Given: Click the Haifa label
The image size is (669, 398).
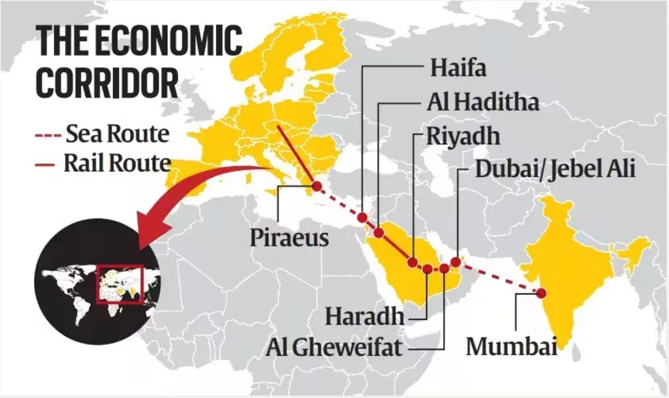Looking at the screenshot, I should point(458,69).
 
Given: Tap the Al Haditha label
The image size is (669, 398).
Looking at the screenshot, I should point(483,103).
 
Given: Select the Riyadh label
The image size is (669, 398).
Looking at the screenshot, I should point(463,136).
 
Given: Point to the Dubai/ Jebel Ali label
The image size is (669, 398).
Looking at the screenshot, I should point(555,169).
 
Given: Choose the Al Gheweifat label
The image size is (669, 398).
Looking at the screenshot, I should point(334,347).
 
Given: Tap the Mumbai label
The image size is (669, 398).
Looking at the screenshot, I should point(512,346).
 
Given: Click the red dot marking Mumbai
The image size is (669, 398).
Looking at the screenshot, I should point(541,293).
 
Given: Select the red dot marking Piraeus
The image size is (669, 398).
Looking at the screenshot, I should point(317,187).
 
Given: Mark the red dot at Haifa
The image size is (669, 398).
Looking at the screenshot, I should point(362,217).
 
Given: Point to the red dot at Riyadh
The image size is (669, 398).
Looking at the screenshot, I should point(413,262).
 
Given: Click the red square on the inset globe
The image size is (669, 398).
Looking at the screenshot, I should point(119,284).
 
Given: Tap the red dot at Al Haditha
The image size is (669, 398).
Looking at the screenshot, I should point(379,232).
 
